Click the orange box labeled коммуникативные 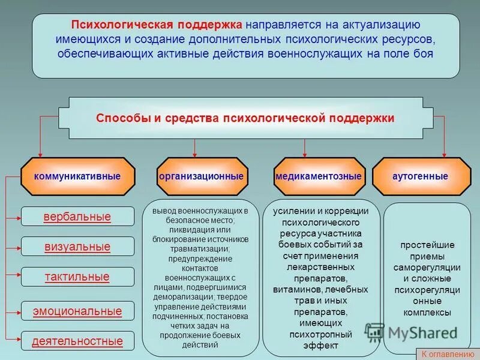click(x=77, y=177)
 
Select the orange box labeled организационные click(x=202, y=177)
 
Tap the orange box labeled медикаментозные click(x=319, y=177)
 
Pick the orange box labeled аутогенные click(x=421, y=177)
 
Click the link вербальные click(x=77, y=217)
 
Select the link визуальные click(x=77, y=247)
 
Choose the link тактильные click(x=77, y=277)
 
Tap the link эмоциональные click(x=77, y=311)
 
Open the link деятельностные click(x=77, y=341)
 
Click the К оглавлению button click(x=446, y=354)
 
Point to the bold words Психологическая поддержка click(x=158, y=25)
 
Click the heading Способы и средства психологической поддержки click(x=245, y=118)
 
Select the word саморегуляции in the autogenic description click(x=427, y=268)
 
